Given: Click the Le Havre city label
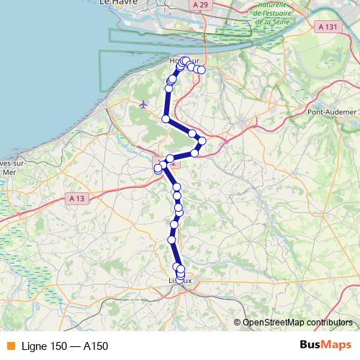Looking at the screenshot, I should pos(113,4).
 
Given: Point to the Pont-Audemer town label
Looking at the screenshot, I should pos(332,112).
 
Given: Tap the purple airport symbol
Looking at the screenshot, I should pos(143,104).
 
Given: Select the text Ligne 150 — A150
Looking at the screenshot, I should pos(65,346).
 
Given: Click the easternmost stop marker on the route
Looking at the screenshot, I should pos(202,70).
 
